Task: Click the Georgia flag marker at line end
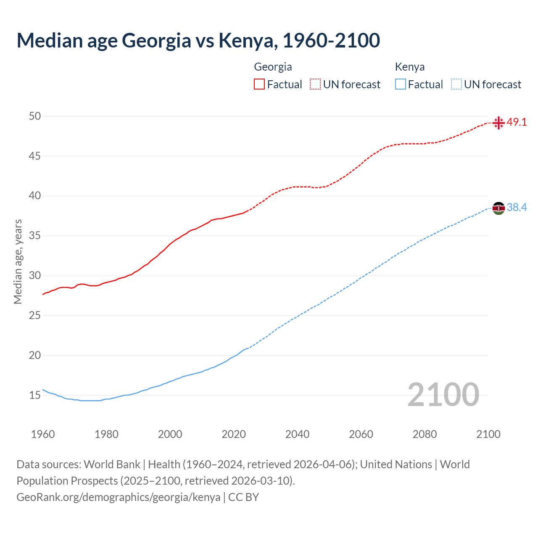[x=498, y=123]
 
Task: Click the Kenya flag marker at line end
[x=498, y=208]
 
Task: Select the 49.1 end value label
[x=517, y=122]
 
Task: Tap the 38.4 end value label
[x=517, y=208]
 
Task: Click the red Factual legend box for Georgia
[x=259, y=84]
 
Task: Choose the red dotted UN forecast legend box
[x=315, y=84]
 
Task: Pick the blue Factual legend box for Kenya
[x=401, y=84]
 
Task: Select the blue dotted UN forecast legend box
[x=456, y=84]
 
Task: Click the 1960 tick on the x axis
[x=43, y=434]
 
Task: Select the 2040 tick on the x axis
[x=297, y=434]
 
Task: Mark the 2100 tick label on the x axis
[x=488, y=434]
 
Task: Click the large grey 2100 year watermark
[x=443, y=394]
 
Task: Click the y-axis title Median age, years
[x=18, y=261]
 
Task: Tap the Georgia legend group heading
[x=273, y=67]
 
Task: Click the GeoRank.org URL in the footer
[x=118, y=497]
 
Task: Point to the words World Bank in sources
[x=112, y=464]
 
